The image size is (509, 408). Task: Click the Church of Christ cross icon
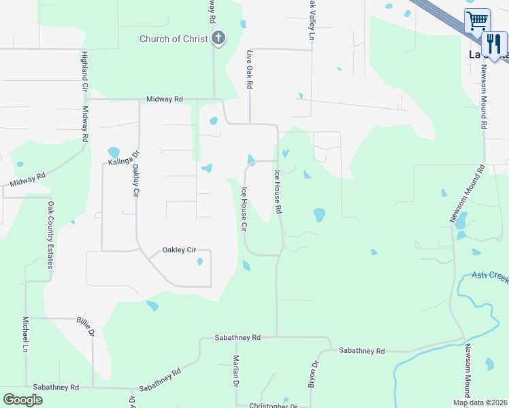click(218, 38)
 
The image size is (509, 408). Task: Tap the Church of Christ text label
click(174, 39)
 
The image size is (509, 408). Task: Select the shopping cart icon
click(477, 20)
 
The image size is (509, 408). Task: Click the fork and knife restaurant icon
click(494, 44)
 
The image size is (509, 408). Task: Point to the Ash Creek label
click(490, 277)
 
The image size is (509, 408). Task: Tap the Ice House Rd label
click(278, 192)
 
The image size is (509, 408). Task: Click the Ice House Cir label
click(244, 208)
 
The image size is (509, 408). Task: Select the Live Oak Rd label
click(250, 69)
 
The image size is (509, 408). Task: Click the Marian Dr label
click(235, 371)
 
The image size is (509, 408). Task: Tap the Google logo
click(22, 400)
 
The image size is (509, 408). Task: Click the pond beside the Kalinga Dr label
click(113, 152)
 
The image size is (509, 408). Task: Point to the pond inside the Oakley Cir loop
click(199, 261)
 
